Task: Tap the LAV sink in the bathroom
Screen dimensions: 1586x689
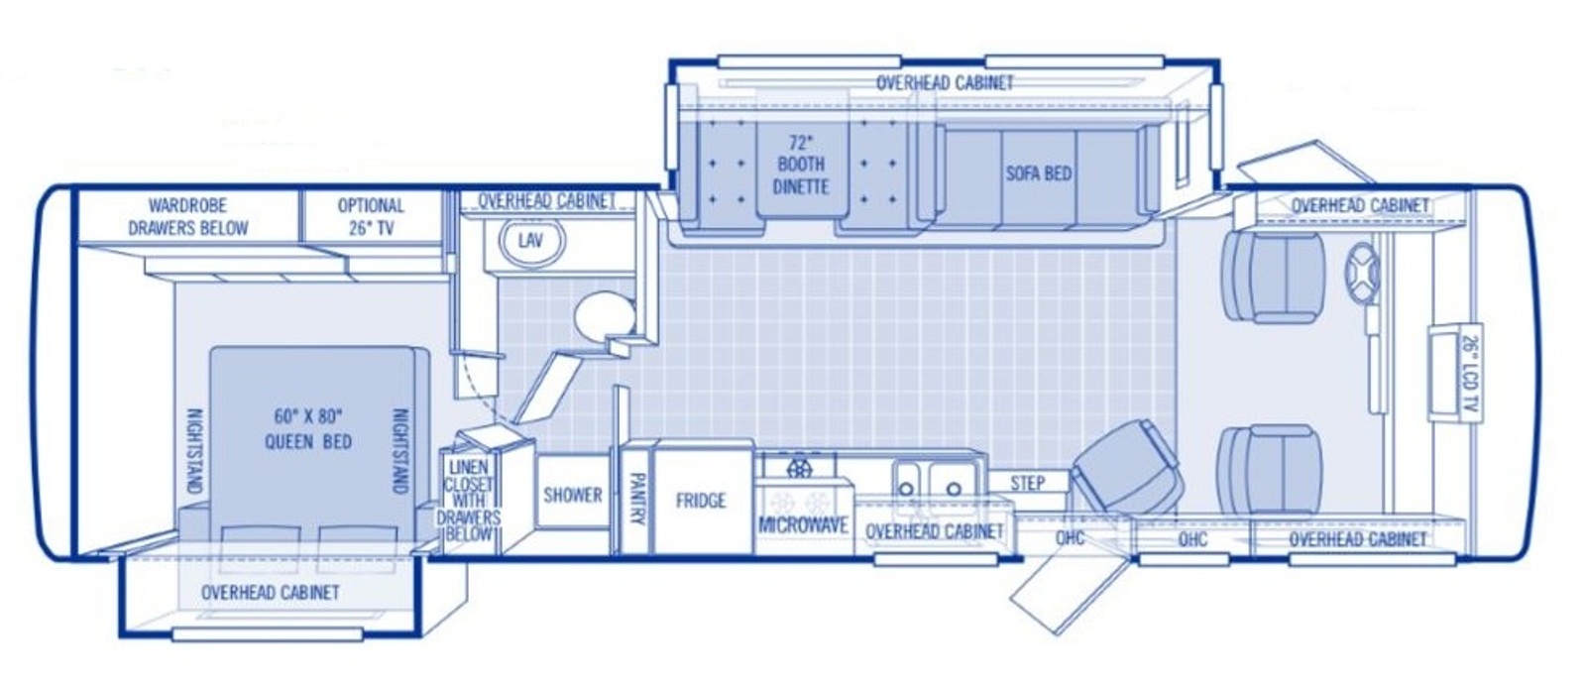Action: (531, 241)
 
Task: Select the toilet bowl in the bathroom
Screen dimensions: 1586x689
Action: (604, 315)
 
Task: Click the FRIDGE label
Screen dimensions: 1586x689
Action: (701, 501)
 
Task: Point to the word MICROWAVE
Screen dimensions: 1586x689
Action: (804, 525)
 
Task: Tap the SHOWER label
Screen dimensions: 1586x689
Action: (573, 495)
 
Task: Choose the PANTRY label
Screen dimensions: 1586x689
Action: (637, 500)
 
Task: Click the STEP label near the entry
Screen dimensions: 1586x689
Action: (1027, 484)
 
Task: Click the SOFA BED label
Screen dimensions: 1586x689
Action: (1039, 173)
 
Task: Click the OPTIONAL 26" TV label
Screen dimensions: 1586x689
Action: (371, 217)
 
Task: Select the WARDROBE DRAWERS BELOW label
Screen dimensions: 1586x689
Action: (188, 217)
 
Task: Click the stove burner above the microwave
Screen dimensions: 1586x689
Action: (800, 467)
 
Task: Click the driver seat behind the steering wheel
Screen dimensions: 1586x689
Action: (1275, 278)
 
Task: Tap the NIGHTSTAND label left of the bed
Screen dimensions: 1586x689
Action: (194, 451)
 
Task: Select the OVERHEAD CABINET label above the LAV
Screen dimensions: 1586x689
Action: (547, 201)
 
